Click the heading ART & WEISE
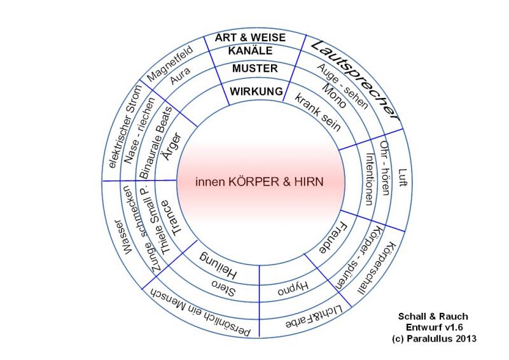click(x=250, y=38)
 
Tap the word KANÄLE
click(x=251, y=50)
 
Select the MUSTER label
click(x=254, y=68)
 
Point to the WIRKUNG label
click(x=256, y=92)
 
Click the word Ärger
click(x=176, y=148)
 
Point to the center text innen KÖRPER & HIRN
click(x=259, y=181)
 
